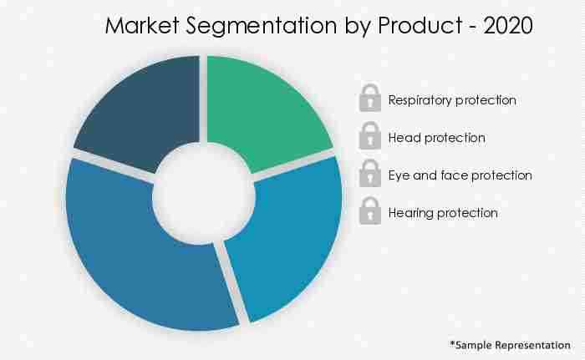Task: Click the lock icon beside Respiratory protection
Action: coord(369,99)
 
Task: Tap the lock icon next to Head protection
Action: coord(369,136)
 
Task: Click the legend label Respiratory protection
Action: coord(452,100)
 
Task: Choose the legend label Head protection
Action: coord(436,138)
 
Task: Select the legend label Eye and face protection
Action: coord(460,175)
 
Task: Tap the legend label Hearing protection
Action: coord(443,213)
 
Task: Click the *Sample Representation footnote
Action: coord(510,344)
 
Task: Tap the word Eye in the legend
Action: coord(399,176)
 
